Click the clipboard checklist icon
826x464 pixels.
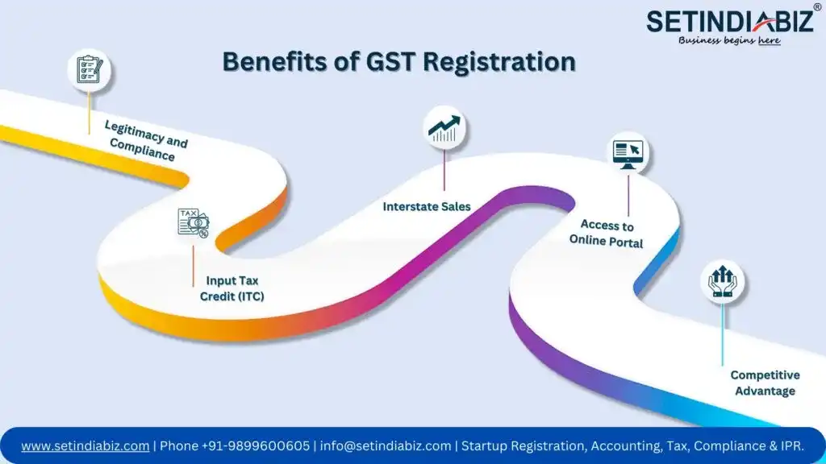(89, 69)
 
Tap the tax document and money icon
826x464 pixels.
(194, 223)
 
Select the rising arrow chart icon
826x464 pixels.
(444, 129)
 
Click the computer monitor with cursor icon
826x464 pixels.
(628, 154)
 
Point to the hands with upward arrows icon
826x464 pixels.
(722, 281)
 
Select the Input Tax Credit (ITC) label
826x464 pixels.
(232, 288)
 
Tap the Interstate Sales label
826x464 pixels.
(427, 207)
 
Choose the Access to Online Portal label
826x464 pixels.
(607, 233)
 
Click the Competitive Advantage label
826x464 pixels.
(765, 383)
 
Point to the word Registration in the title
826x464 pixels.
(499, 62)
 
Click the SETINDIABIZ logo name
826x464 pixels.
(729, 22)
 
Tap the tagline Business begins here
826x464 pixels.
(729, 40)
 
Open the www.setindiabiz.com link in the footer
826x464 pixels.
(86, 445)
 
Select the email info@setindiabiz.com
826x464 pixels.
(386, 445)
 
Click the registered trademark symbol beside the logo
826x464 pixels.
(817, 7)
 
